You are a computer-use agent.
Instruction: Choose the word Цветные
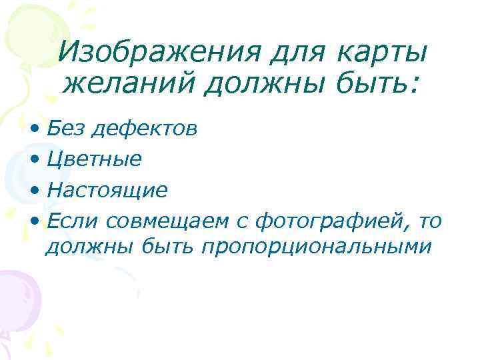(x=95, y=159)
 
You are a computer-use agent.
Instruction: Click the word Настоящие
(x=107, y=191)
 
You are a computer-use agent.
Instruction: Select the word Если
(x=71, y=221)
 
